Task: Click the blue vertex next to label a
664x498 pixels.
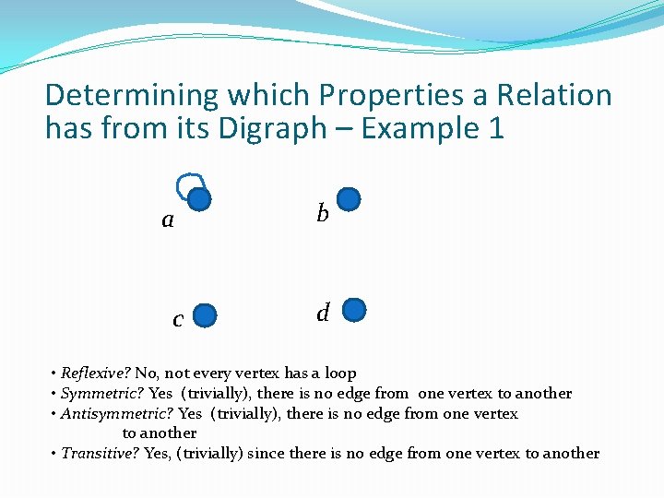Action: pyautogui.click(x=199, y=199)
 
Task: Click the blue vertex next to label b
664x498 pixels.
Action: pyautogui.click(x=350, y=199)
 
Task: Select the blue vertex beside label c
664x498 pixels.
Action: pyautogui.click(x=206, y=316)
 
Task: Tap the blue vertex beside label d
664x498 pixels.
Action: pyautogui.click(x=355, y=310)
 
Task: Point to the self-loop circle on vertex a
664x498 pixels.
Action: pyautogui.click(x=188, y=184)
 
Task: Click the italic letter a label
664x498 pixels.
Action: pyautogui.click(x=167, y=220)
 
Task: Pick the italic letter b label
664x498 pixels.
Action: pyautogui.click(x=322, y=214)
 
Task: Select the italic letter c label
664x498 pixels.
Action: pyautogui.click(x=178, y=320)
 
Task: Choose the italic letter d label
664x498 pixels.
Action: pyautogui.click(x=323, y=313)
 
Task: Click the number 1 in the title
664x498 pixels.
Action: pyautogui.click(x=496, y=128)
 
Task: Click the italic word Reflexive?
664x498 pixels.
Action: pyautogui.click(x=96, y=373)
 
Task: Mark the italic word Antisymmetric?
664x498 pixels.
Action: pyautogui.click(x=116, y=414)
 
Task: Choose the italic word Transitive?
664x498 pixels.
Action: pyautogui.click(x=101, y=454)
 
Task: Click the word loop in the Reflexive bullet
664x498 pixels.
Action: pyautogui.click(x=339, y=373)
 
